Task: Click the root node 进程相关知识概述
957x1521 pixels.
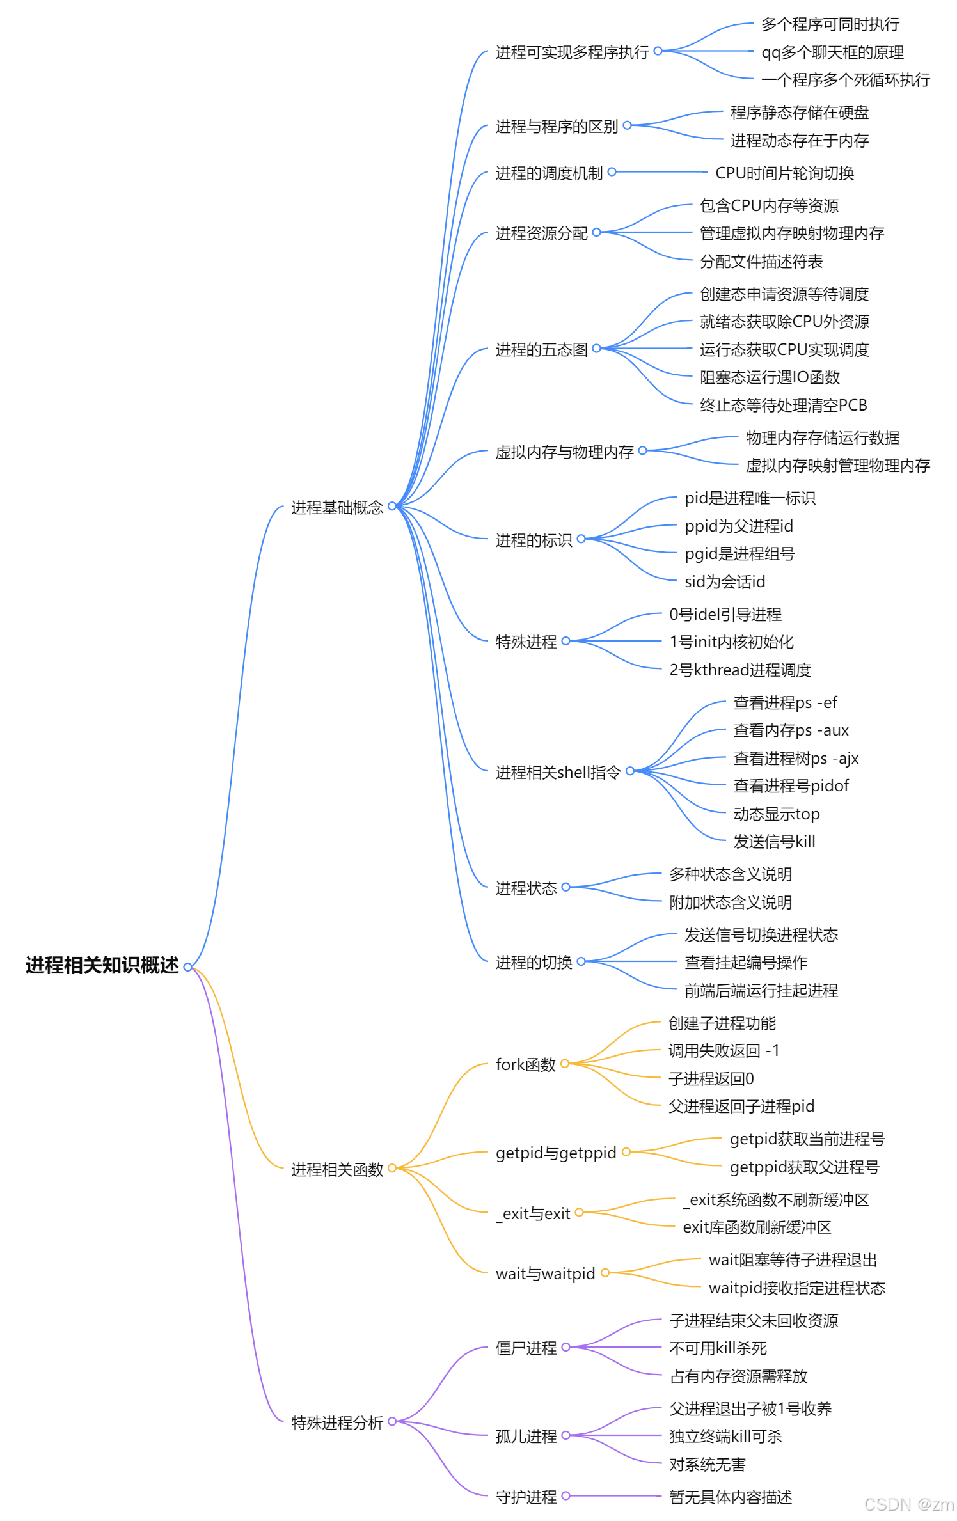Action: point(102,965)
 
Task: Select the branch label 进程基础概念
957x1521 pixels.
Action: point(337,508)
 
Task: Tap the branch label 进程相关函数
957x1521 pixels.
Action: point(337,1170)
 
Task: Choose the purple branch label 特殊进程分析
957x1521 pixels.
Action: point(337,1423)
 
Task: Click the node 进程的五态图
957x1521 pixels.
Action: point(541,350)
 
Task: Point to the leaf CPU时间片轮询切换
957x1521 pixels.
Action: point(784,173)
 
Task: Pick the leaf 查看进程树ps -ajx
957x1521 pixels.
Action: point(796,759)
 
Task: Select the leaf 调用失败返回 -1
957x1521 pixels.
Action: point(724,1051)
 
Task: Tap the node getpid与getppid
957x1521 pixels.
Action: point(556,1153)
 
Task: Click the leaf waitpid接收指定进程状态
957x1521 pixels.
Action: point(796,1288)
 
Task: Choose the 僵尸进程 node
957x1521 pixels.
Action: point(526,1348)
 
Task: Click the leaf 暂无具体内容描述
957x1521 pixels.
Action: point(731,1497)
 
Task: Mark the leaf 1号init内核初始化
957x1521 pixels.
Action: point(731,642)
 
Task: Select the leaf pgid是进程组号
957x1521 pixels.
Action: point(739,554)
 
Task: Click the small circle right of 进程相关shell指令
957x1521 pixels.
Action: point(630,771)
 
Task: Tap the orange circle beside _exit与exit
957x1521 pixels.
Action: point(579,1212)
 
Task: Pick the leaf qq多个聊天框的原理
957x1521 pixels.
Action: point(832,52)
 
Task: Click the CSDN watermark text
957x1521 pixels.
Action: point(908,1504)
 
